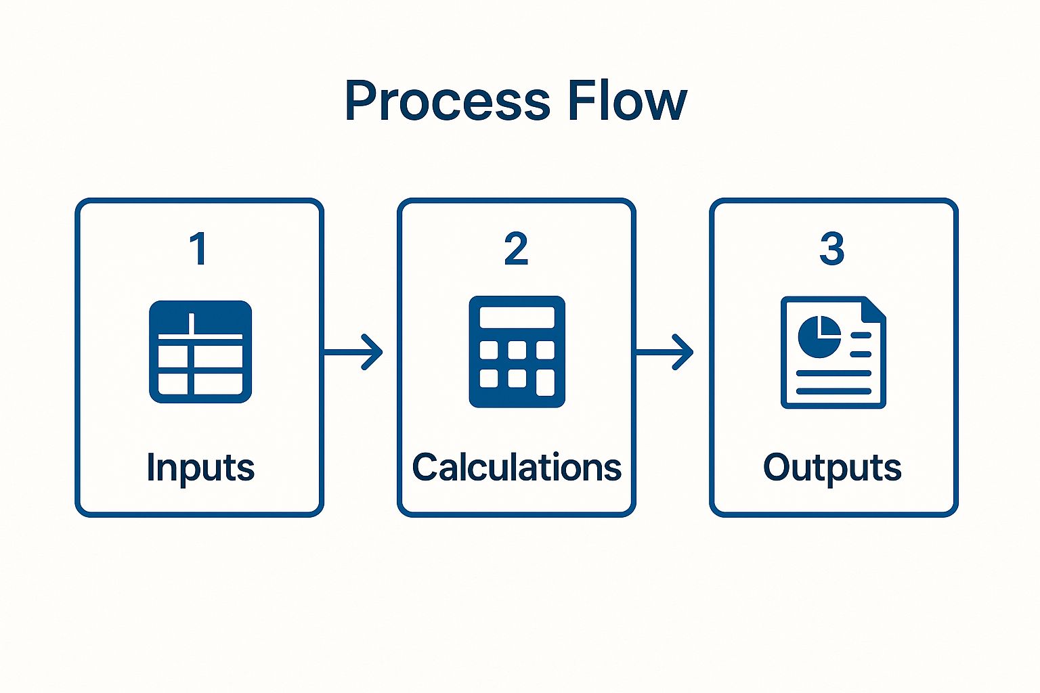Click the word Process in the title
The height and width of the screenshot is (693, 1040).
point(447,102)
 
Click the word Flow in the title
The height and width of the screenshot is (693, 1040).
point(627,102)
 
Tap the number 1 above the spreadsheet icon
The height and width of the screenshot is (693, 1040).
point(198,249)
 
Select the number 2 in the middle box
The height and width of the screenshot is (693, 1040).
point(516,249)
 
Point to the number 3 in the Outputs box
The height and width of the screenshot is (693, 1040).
point(831,249)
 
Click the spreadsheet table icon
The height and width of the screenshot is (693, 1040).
point(200,352)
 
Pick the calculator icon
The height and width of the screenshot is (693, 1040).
point(517,352)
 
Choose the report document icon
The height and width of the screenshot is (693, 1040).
point(833,352)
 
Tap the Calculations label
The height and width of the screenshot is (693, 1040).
point(517,468)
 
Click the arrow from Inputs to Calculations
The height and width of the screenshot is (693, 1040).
point(353,352)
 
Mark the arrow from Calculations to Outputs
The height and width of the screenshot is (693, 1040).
point(665,352)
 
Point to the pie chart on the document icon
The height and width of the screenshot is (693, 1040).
point(819,336)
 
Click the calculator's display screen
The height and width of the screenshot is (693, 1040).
point(517,317)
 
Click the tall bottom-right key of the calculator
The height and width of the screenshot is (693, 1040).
point(545,383)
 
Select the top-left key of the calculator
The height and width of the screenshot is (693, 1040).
point(488,350)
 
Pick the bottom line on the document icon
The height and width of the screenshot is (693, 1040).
point(833,390)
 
